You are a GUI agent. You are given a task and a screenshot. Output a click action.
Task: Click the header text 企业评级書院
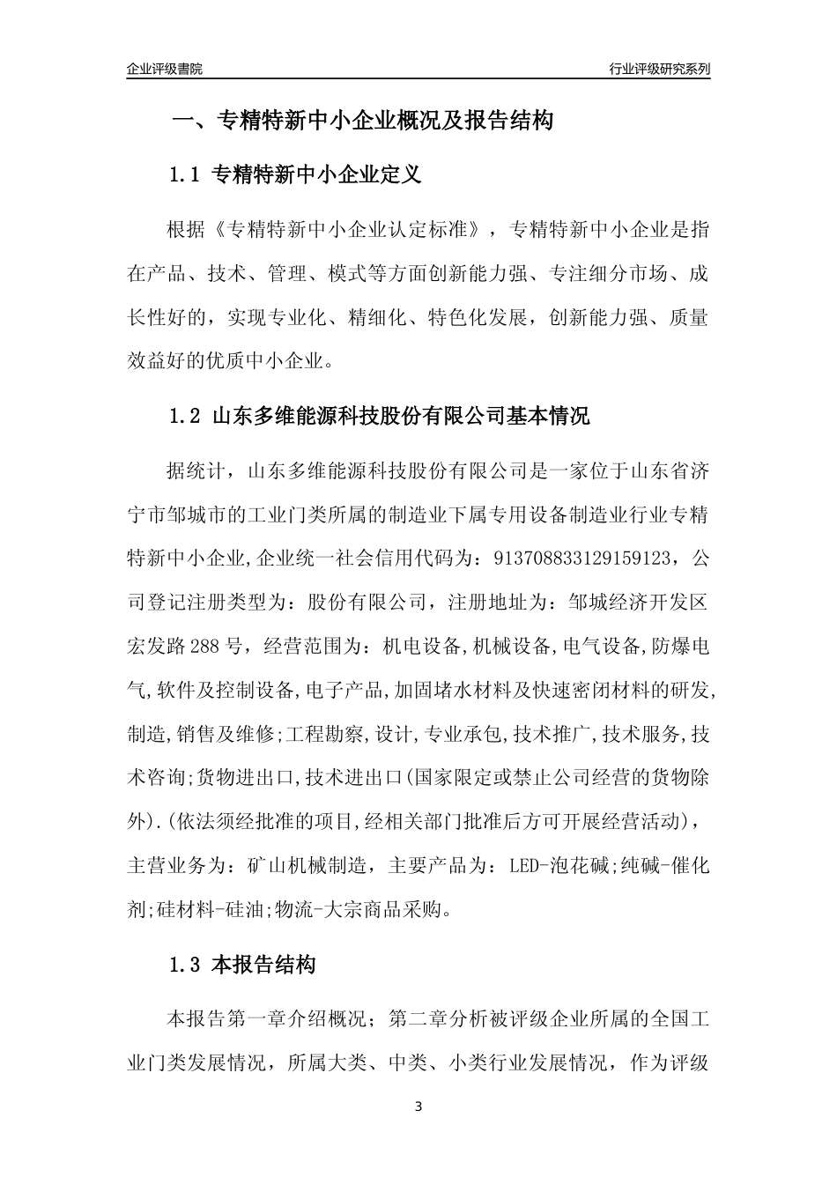pyautogui.click(x=164, y=69)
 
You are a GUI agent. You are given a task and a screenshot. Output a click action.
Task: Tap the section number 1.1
pyautogui.click(x=186, y=174)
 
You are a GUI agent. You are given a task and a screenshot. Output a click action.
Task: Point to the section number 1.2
pyautogui.click(x=186, y=416)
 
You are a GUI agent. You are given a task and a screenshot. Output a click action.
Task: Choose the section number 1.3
pyautogui.click(x=186, y=966)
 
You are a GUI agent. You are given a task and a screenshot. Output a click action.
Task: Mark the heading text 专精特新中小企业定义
pyautogui.click(x=317, y=174)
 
